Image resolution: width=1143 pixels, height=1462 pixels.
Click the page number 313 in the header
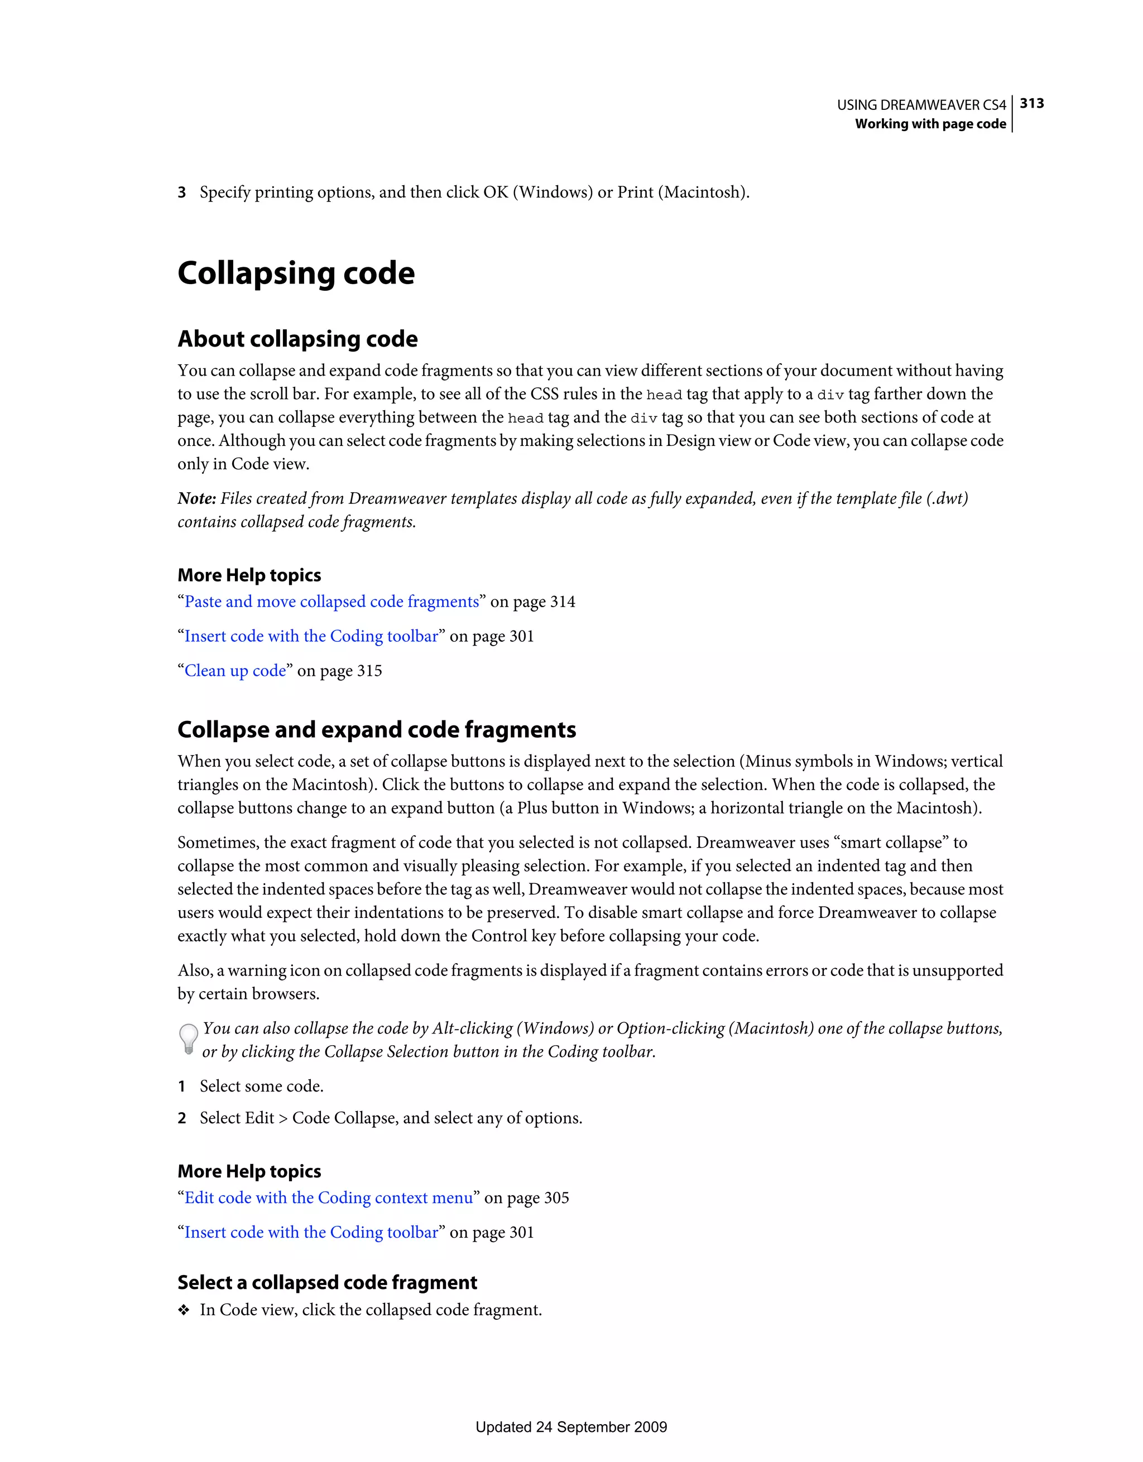pyautogui.click(x=1032, y=103)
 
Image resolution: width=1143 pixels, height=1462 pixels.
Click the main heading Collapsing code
pyautogui.click(x=296, y=273)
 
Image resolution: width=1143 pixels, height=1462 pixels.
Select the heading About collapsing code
pyautogui.click(x=297, y=339)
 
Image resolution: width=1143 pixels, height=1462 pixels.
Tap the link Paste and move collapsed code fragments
pyautogui.click(x=332, y=602)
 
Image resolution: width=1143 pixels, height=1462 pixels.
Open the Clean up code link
pyautogui.click(x=235, y=671)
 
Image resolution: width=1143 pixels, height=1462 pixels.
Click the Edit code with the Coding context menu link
pyautogui.click(x=329, y=1198)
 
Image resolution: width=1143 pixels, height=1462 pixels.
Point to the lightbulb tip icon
pyautogui.click(x=189, y=1040)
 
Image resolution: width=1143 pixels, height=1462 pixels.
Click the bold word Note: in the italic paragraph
pyautogui.click(x=197, y=499)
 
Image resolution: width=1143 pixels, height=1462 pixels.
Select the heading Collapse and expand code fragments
pyautogui.click(x=376, y=730)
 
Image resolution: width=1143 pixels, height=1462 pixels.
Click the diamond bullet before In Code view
pyautogui.click(x=184, y=1310)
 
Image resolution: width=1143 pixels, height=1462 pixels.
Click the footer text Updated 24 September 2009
pyautogui.click(x=571, y=1427)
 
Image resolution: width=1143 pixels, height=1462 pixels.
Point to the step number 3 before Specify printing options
pyautogui.click(x=181, y=193)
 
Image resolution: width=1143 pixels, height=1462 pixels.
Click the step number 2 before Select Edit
pyautogui.click(x=181, y=1119)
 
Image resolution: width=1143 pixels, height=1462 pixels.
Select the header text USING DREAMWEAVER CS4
pyautogui.click(x=921, y=105)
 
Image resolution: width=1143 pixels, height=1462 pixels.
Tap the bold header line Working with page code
pyautogui.click(x=930, y=124)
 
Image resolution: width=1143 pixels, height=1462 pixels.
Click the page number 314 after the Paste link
pyautogui.click(x=563, y=602)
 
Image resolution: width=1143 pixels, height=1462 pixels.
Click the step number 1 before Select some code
pyautogui.click(x=181, y=1086)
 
